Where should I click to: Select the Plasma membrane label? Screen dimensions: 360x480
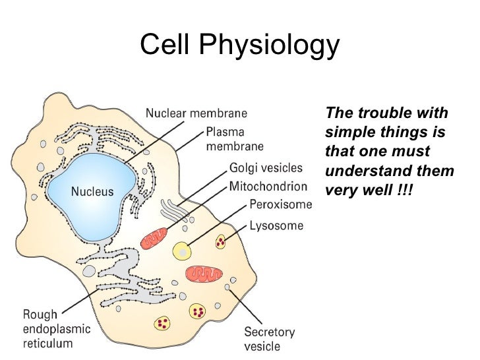tap(235, 138)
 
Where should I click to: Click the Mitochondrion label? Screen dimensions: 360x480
tap(268, 186)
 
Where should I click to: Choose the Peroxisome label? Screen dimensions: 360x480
tap(280, 205)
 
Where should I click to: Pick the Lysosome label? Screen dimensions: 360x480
tap(276, 225)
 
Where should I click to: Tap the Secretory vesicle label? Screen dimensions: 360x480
tap(270, 339)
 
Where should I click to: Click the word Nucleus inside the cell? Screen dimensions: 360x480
tap(92, 193)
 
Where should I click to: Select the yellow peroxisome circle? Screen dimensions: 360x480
tap(181, 251)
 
